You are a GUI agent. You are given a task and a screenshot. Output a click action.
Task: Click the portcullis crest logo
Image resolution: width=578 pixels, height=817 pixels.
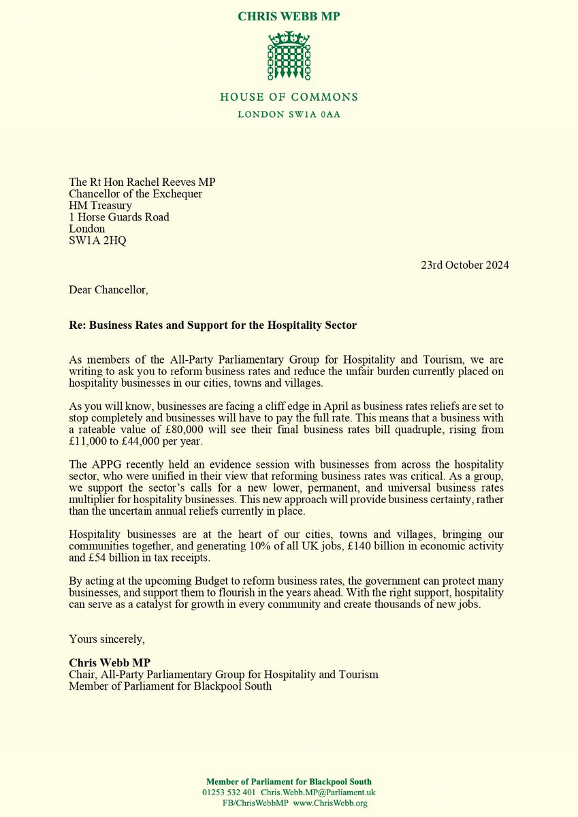289,57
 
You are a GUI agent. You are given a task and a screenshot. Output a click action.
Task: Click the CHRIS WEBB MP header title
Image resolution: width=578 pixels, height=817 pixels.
289,16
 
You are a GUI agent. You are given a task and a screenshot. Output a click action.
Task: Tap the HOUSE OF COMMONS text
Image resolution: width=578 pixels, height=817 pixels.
289,97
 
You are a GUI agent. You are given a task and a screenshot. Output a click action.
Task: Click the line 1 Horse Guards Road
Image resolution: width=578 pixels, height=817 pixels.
119,217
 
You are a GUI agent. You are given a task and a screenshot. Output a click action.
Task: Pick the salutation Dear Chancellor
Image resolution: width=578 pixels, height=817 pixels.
108,290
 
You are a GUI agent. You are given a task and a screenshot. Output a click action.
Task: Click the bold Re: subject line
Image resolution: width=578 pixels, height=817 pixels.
212,325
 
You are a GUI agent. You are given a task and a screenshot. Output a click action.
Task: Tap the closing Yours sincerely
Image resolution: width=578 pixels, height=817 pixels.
106,639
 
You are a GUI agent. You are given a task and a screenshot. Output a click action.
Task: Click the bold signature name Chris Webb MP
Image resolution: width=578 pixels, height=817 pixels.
110,662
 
